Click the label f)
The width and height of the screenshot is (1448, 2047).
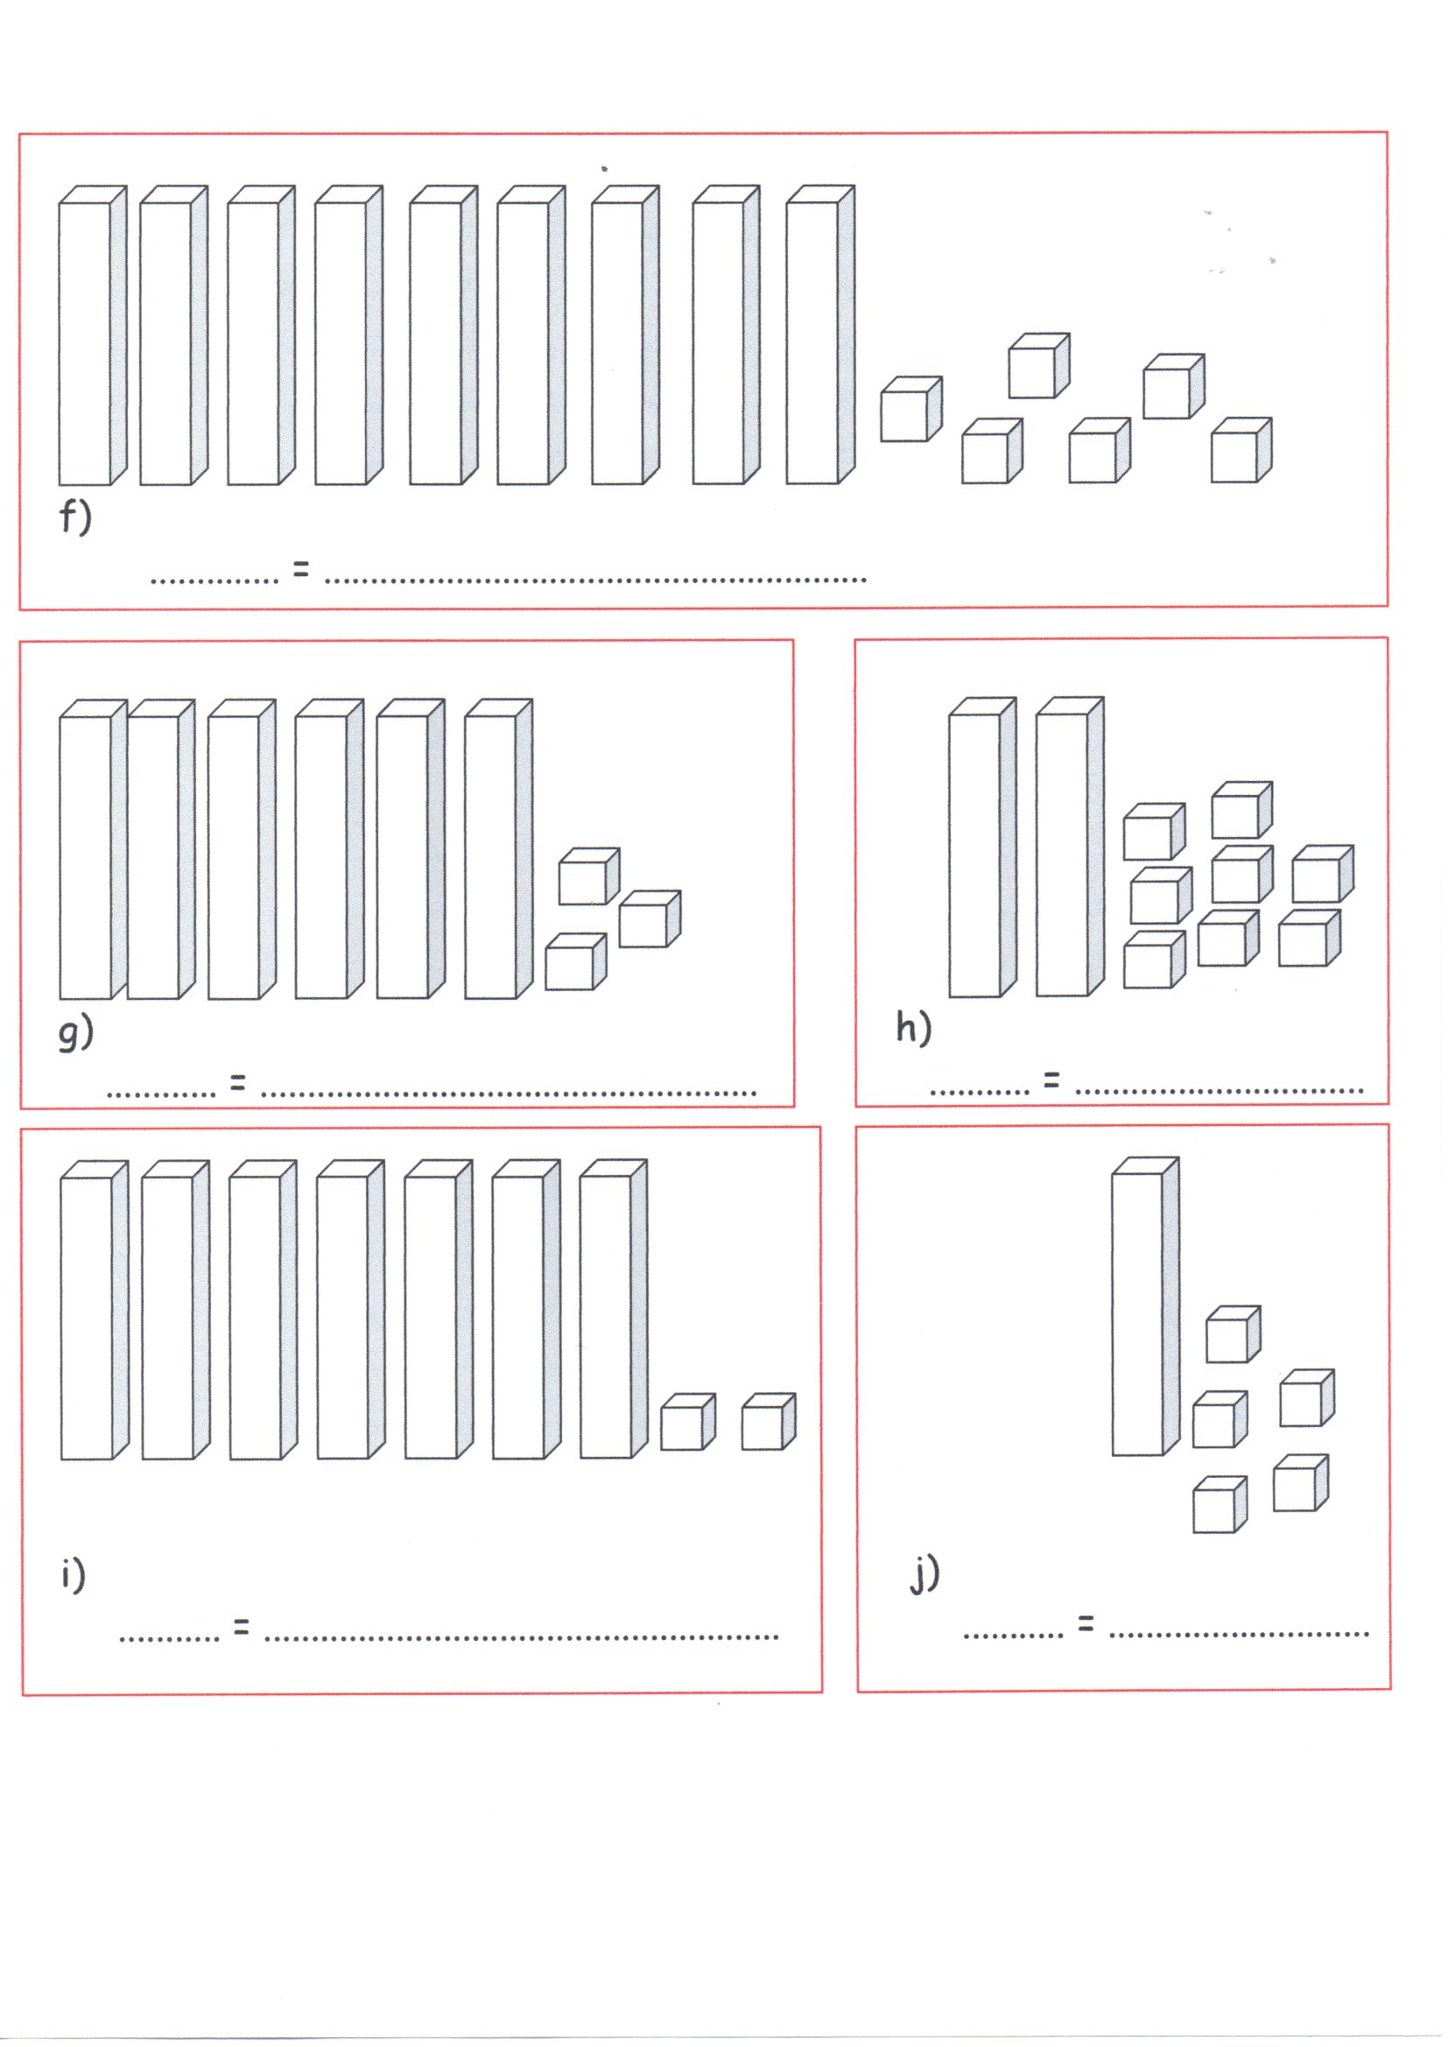pyautogui.click(x=76, y=517)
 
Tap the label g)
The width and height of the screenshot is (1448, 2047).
pyautogui.click(x=76, y=1032)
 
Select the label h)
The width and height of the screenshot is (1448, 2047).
pyautogui.click(x=914, y=1027)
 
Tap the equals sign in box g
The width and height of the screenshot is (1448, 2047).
pyautogui.click(x=237, y=1082)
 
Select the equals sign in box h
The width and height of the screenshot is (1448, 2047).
pyautogui.click(x=1052, y=1080)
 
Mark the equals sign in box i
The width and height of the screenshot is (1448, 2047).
pyautogui.click(x=242, y=1625)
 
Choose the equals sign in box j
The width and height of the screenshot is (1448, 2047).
pyautogui.click(x=1085, y=1623)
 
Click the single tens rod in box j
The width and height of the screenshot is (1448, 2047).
pyautogui.click(x=1146, y=1306)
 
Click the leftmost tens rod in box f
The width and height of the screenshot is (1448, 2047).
pyautogui.click(x=93, y=336)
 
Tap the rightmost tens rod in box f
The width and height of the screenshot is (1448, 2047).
pyautogui.click(x=820, y=335)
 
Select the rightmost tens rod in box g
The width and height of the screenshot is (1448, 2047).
pyautogui.click(x=498, y=848)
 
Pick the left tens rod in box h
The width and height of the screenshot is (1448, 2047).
pyautogui.click(x=982, y=847)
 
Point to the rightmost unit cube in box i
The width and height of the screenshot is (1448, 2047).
pyautogui.click(x=769, y=1421)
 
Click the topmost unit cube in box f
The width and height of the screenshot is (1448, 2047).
pyautogui.click(x=1039, y=366)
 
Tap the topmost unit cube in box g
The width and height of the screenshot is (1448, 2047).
pyautogui.click(x=589, y=876)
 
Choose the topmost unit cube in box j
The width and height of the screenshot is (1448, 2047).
pyautogui.click(x=1234, y=1333)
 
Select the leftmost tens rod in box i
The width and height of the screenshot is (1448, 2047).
pyautogui.click(x=95, y=1311)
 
